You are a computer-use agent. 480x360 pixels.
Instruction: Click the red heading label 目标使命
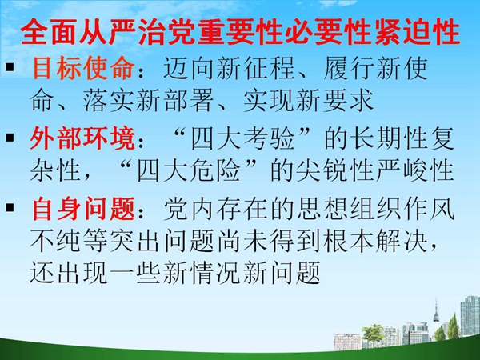pyautogui.click(x=83, y=68)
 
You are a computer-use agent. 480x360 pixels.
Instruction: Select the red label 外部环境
pyautogui.click(x=82, y=138)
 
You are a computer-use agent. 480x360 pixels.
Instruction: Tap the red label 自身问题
pyautogui.click(x=83, y=209)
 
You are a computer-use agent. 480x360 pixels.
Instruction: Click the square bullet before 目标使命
pyautogui.click(x=10, y=66)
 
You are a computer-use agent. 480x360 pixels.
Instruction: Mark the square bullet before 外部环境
pyautogui.click(x=10, y=137)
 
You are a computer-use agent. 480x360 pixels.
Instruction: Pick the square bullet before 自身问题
pyautogui.click(x=10, y=207)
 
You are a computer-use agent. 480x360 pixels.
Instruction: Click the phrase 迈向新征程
pyautogui.click(x=230, y=68)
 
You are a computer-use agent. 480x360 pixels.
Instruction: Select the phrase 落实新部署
pyautogui.click(x=149, y=100)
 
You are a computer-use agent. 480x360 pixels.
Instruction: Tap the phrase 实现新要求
pyautogui.click(x=308, y=100)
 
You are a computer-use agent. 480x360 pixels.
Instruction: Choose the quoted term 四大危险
pyautogui.click(x=188, y=170)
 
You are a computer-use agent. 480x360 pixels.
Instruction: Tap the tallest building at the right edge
pyautogui.click(x=470, y=316)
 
